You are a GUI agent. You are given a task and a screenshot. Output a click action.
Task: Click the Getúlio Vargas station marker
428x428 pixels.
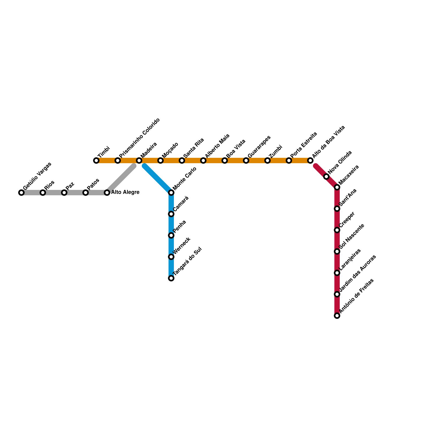tap(21, 193)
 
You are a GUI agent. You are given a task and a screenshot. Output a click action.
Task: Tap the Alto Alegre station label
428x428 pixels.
tap(125, 192)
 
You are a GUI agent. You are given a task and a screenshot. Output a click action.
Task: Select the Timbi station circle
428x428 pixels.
tap(96, 160)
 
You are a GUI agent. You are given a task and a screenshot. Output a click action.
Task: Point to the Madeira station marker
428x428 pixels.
tap(139, 160)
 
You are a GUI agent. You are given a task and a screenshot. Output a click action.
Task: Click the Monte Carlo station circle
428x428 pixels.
tap(171, 193)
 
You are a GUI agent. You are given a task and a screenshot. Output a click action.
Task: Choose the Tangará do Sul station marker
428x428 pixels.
tap(171, 278)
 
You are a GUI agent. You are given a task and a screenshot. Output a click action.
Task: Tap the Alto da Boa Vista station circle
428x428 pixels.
tap(310, 160)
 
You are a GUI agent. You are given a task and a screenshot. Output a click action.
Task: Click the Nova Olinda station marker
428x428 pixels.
tap(326, 177)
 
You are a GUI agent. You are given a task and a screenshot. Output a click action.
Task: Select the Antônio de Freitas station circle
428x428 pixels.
tap(337, 316)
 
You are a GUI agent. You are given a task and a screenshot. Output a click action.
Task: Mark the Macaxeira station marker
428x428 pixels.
tap(337, 187)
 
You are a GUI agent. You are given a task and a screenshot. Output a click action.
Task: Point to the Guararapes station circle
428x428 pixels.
tap(246, 160)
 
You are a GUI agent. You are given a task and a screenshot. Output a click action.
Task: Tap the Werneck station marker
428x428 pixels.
tap(171, 257)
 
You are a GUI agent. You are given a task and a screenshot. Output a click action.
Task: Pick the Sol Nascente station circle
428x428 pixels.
tap(337, 251)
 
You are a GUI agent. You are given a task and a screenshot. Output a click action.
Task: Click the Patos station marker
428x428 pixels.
tap(86, 193)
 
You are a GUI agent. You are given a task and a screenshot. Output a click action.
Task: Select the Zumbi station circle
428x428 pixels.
tap(267, 160)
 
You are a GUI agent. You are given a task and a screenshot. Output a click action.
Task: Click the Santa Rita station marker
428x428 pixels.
tap(182, 160)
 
